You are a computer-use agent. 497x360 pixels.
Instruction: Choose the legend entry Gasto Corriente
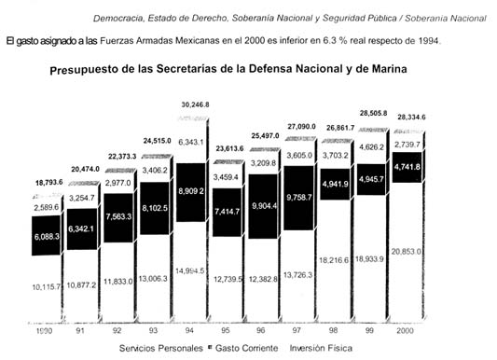pos(236,348)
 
